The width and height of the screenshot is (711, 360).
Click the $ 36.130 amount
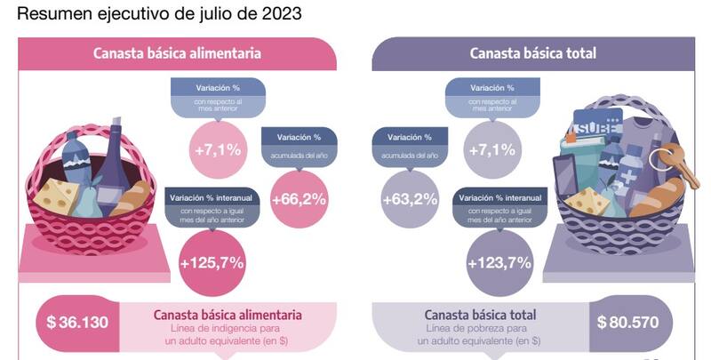76,321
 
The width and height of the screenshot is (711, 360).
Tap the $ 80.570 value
628,321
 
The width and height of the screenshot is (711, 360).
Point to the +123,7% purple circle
499,262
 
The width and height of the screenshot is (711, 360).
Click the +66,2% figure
298,198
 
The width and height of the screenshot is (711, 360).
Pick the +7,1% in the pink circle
218,149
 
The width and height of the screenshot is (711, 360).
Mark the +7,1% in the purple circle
492,149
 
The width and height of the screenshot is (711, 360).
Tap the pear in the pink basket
89,201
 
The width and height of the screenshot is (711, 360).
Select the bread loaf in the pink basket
131,197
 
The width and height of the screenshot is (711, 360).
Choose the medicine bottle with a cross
627,174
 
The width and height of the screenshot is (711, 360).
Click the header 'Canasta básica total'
533,53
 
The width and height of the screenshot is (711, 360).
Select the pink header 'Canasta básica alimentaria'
178,53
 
